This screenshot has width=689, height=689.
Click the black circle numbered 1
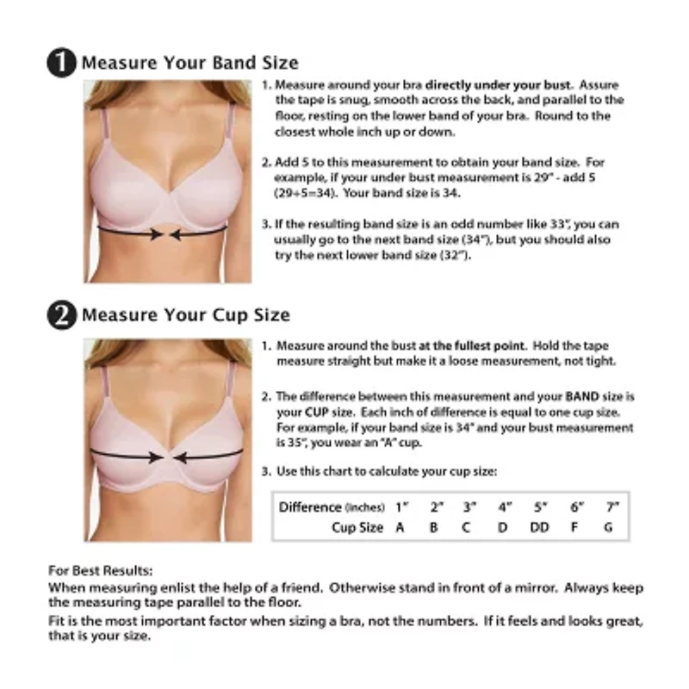(63, 64)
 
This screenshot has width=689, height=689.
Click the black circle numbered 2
(63, 315)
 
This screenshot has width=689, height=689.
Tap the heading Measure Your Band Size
(189, 63)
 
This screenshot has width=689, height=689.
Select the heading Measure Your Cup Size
(185, 315)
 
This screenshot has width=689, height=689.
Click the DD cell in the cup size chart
(539, 527)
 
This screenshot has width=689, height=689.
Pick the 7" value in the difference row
(611, 506)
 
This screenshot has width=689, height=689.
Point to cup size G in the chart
(608, 527)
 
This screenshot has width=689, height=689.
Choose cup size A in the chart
(400, 527)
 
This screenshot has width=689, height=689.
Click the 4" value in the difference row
(504, 506)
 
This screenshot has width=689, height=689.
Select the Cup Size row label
(357, 527)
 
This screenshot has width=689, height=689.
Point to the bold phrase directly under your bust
(499, 85)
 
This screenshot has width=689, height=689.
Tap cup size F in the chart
(574, 527)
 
